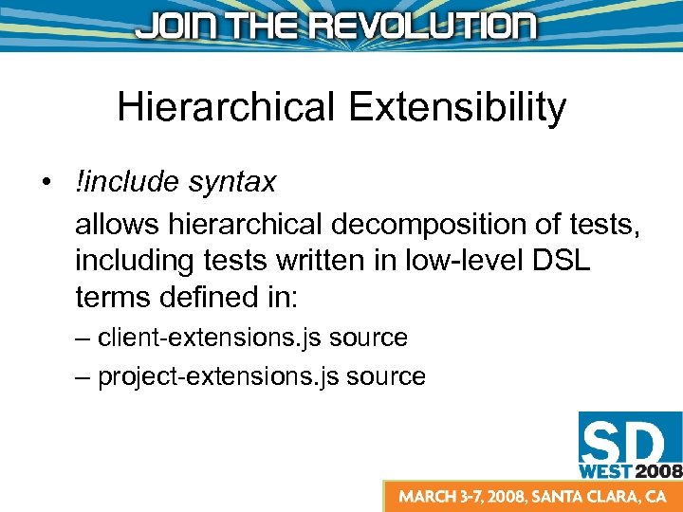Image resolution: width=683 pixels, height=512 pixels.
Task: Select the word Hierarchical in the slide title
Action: pos(226,107)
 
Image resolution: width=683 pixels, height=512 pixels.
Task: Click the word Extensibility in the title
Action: pos(457,107)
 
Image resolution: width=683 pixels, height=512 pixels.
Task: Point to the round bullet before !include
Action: pos(46,182)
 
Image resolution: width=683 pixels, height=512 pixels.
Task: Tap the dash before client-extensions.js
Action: pos(83,338)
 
